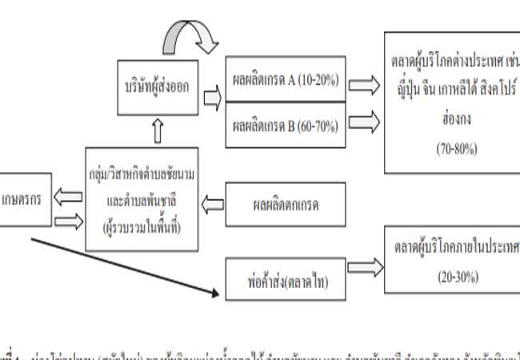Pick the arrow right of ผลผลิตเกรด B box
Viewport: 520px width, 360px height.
coord(364,121)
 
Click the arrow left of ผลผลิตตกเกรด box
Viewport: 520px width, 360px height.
coord(211,205)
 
